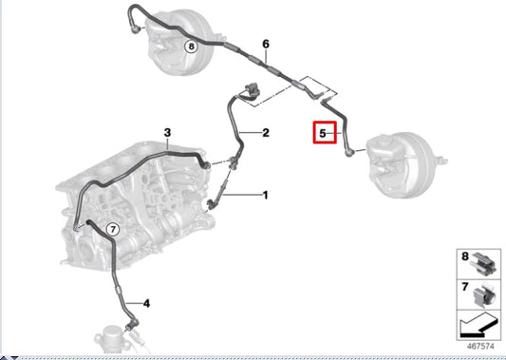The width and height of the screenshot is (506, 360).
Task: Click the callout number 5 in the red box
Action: click(x=323, y=134)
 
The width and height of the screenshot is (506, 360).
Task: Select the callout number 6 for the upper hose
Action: click(x=266, y=44)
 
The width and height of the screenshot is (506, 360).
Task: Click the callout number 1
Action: click(x=266, y=195)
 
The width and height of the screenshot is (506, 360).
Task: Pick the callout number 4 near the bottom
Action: click(x=146, y=303)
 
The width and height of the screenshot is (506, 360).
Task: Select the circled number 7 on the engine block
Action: click(x=111, y=229)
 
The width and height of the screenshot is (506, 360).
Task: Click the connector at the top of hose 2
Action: click(x=249, y=90)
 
